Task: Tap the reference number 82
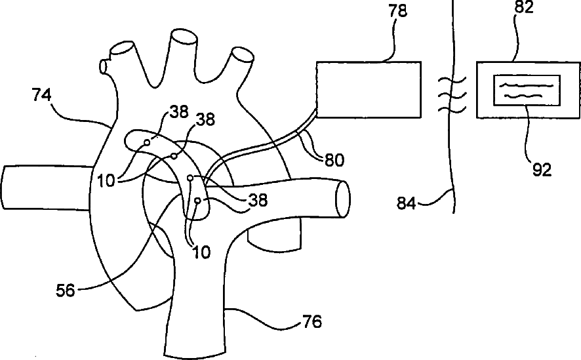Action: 525,8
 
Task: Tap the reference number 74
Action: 43,95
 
